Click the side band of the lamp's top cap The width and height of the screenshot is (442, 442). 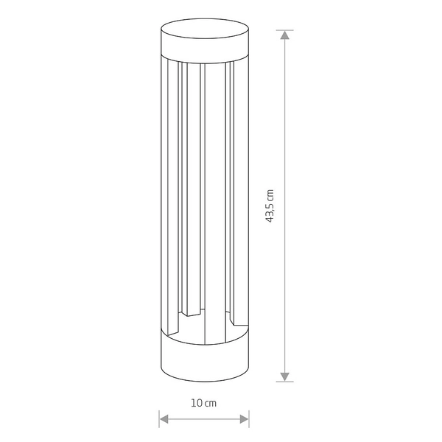[x=204, y=49]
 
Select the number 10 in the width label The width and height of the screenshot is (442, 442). [x=197, y=404]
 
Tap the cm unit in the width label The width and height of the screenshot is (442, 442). [x=211, y=404]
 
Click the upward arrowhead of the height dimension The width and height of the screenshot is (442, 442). [x=284, y=36]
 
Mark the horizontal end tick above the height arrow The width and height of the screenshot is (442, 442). [x=284, y=30]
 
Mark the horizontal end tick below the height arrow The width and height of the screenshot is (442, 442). [x=284, y=381]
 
